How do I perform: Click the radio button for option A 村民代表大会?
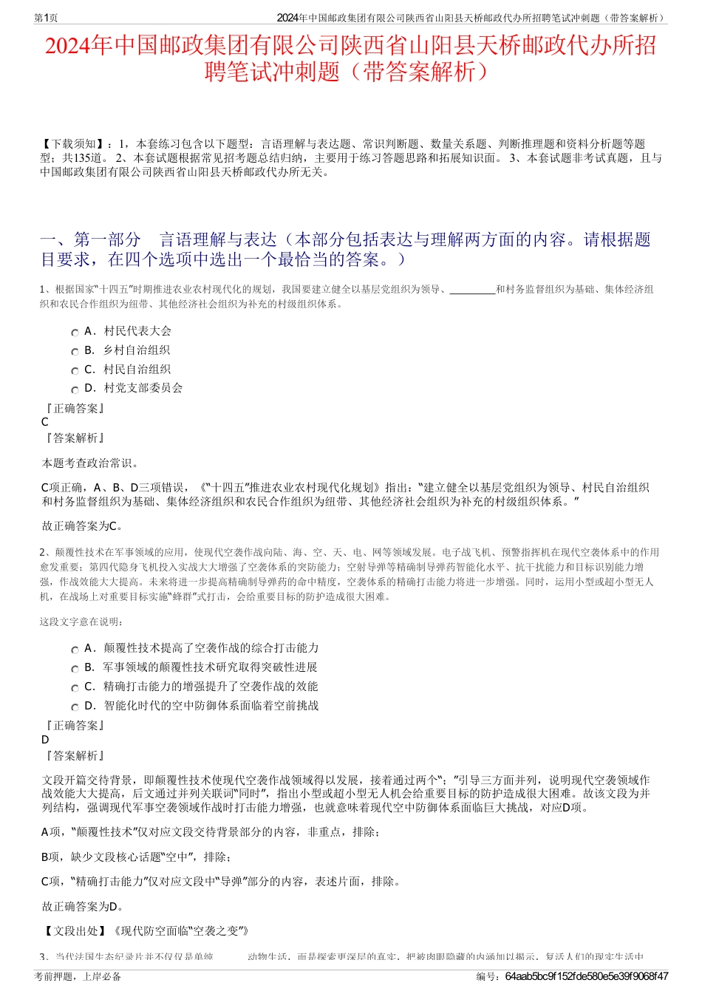[x=75, y=333]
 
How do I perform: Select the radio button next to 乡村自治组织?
[x=75, y=352]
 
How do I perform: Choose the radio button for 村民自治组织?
[x=75, y=371]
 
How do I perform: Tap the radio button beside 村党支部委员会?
[x=75, y=389]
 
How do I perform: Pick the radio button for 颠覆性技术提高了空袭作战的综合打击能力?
[x=75, y=650]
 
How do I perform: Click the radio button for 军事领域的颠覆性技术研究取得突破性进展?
[x=75, y=669]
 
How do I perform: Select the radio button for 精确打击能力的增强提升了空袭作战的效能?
[x=75, y=688]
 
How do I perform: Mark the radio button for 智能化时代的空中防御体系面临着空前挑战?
[x=75, y=707]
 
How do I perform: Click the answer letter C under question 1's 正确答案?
[x=45, y=422]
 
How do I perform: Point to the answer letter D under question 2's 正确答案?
[x=45, y=740]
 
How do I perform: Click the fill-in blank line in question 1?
[x=472, y=290]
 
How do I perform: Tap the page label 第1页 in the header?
[x=47, y=18]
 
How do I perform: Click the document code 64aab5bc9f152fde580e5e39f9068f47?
[x=587, y=976]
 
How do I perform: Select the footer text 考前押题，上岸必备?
[x=78, y=976]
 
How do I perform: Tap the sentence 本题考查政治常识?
[x=89, y=463]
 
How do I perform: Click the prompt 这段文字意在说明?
[x=82, y=622]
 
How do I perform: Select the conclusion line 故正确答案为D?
[x=83, y=906]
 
